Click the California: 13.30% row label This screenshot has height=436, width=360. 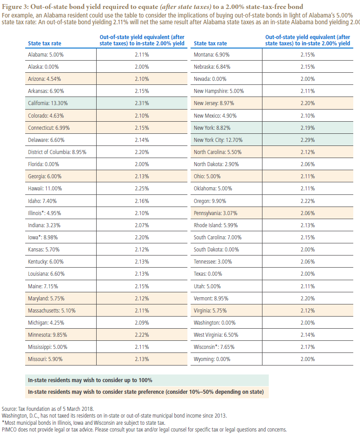coord(48,103)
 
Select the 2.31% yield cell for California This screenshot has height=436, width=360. coord(142,103)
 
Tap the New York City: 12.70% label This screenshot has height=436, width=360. coord(218,140)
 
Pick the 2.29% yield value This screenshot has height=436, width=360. coord(308,140)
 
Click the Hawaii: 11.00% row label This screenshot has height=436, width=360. coord(45,189)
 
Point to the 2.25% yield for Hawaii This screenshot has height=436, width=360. coord(142,189)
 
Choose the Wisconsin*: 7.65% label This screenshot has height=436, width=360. coord(214,347)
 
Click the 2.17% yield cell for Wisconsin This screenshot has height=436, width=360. coord(308,347)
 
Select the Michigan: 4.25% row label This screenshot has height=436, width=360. coord(46,322)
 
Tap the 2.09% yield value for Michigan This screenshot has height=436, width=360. coord(142,322)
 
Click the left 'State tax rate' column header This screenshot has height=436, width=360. coord(44,44)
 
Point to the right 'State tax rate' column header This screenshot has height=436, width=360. coord(210,44)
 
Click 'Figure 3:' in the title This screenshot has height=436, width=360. coord(15,7)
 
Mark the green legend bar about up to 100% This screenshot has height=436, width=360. coord(147,380)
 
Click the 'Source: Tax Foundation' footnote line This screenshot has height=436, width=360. coord(48,409)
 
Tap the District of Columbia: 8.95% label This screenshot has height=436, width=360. coord(57,152)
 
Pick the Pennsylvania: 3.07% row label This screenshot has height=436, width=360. coord(215,213)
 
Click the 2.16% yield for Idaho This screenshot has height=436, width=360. coord(142,201)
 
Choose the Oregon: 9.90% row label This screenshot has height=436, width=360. coord(210,201)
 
